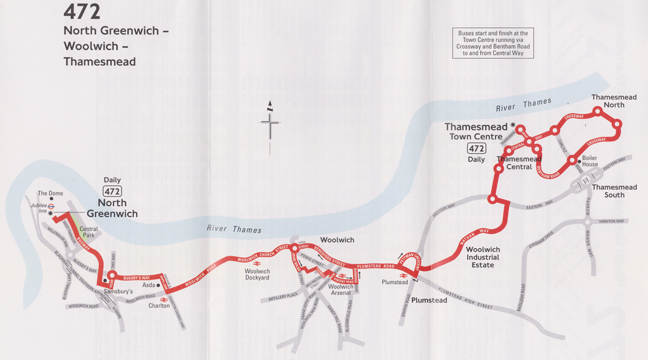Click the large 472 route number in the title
(82, 12)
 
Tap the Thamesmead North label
(614, 101)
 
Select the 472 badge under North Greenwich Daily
(113, 191)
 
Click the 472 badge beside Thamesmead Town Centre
(477, 149)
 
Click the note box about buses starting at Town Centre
(493, 44)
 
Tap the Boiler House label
(590, 161)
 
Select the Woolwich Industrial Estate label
(483, 257)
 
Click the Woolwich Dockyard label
(257, 275)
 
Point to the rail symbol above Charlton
(163, 299)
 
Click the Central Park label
(89, 232)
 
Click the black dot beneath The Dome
(51, 199)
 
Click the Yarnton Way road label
(611, 221)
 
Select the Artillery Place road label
(283, 295)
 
